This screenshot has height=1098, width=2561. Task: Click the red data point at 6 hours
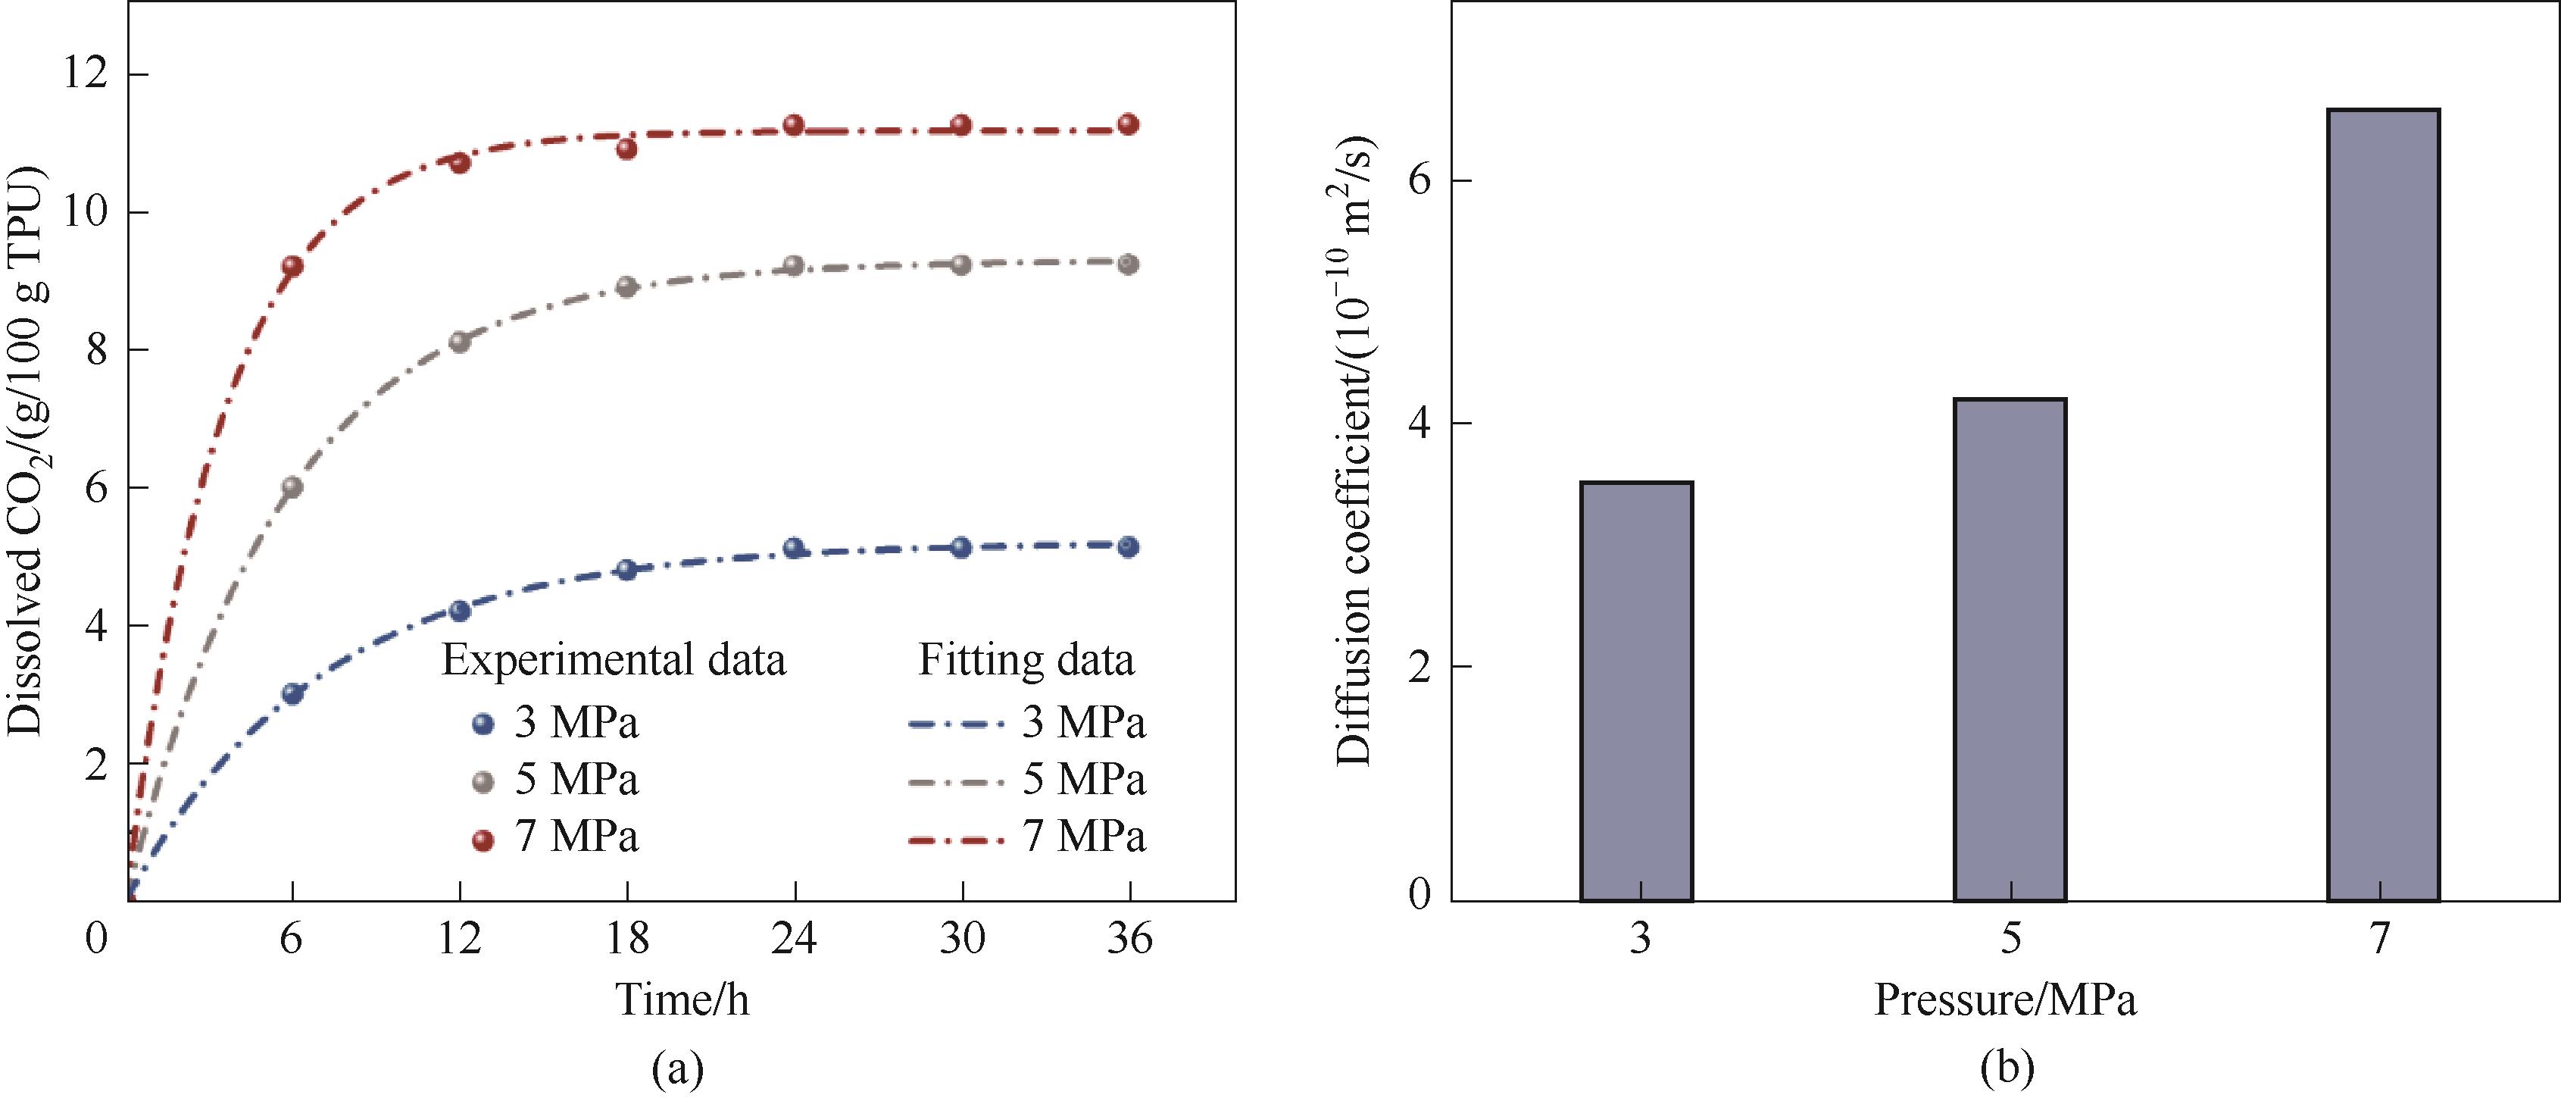point(292,265)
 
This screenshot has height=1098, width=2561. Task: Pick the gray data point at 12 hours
point(459,341)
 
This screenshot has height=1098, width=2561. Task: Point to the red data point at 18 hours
point(626,149)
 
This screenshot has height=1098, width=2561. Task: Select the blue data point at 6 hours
point(292,693)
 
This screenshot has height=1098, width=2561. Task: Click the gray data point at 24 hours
point(793,265)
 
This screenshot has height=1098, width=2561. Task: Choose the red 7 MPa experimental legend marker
point(483,840)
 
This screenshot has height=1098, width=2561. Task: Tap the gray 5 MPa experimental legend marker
point(483,783)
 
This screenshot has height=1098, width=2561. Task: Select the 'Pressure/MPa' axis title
point(2005,999)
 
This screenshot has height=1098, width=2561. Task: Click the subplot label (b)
point(2007,1069)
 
